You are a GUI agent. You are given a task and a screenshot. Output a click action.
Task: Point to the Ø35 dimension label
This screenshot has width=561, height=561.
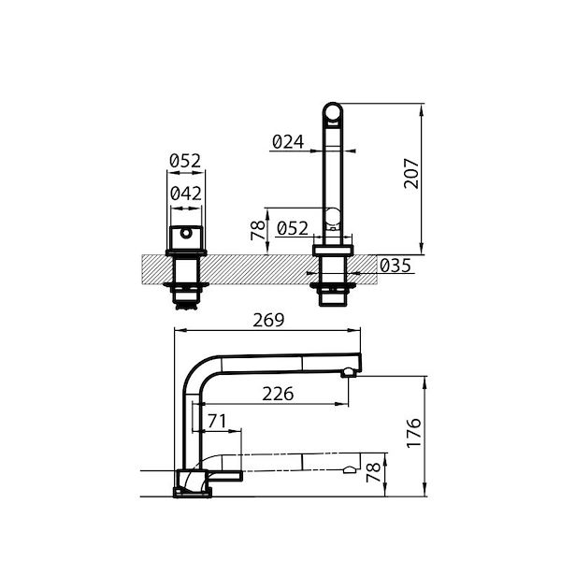[396, 266]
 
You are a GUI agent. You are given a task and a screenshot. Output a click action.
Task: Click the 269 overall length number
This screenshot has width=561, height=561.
[268, 321]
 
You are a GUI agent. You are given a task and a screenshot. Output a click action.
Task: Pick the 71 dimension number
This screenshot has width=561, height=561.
[217, 423]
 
